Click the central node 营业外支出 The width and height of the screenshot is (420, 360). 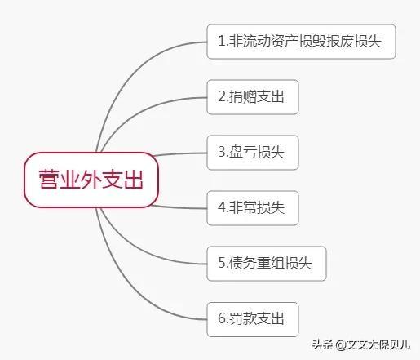click(x=91, y=180)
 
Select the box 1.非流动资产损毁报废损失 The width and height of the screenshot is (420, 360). click(x=301, y=42)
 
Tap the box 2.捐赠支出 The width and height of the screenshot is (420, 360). click(x=253, y=97)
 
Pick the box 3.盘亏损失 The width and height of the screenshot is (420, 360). click(x=253, y=153)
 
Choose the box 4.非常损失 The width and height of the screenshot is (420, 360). click(x=253, y=208)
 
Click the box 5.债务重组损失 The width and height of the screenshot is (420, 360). click(x=267, y=264)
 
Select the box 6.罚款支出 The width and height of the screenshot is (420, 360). click(x=253, y=319)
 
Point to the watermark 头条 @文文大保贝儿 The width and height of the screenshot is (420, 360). click(x=360, y=344)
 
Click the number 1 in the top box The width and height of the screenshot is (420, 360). click(x=222, y=41)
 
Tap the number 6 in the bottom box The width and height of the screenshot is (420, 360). click(x=222, y=318)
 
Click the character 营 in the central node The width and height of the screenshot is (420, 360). click(x=49, y=180)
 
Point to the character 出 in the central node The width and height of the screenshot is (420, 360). click(x=133, y=180)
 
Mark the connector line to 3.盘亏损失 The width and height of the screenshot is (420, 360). click(x=179, y=153)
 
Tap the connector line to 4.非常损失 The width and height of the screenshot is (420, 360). click(x=179, y=207)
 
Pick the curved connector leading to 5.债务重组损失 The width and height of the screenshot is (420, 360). click(x=141, y=251)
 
